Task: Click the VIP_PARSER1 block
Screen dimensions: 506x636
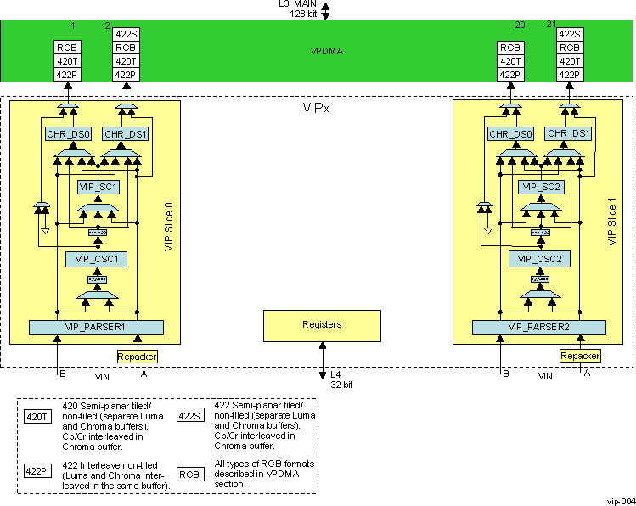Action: coord(95,327)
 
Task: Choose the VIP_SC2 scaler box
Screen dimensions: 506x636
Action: coord(540,186)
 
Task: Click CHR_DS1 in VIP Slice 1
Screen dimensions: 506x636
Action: coord(569,133)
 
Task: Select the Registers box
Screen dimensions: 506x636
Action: coord(322,324)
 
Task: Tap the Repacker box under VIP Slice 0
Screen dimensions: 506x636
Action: coord(138,357)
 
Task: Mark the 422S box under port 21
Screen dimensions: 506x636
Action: coord(570,35)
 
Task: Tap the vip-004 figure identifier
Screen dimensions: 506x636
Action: coord(619,500)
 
